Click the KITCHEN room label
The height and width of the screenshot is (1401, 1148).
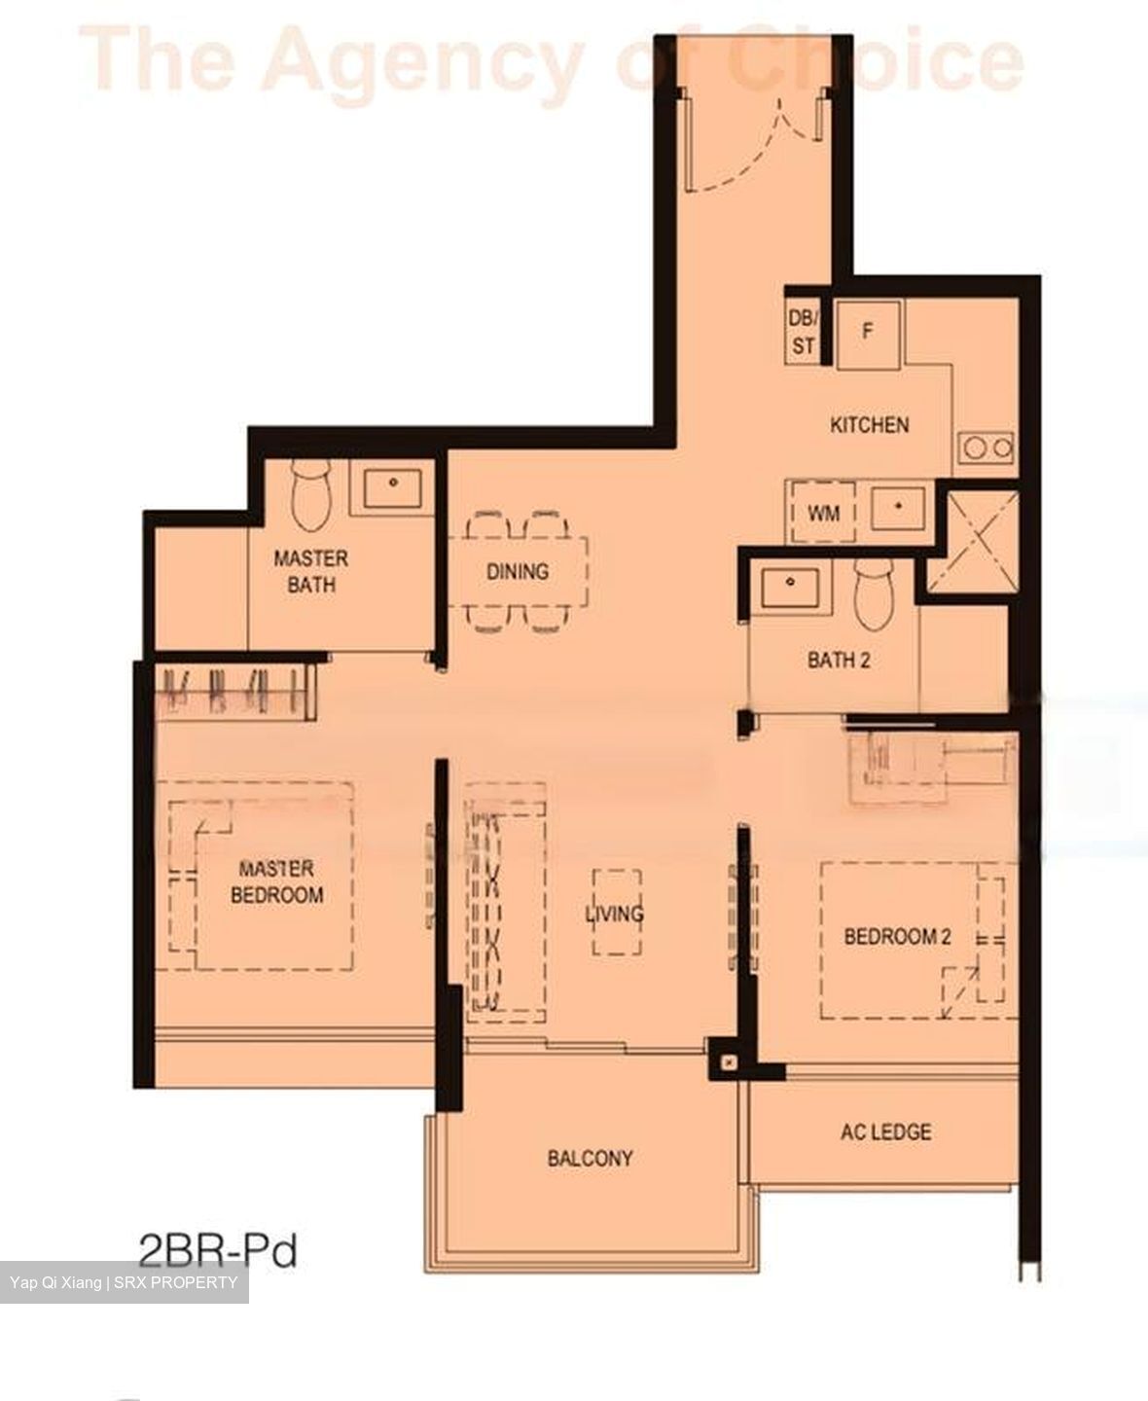[x=869, y=425]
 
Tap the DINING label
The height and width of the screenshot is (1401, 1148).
[x=517, y=571]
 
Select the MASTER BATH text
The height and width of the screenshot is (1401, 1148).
[x=310, y=571]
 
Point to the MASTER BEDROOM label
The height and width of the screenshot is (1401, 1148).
[x=276, y=881]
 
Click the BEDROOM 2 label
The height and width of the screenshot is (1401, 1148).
[x=897, y=937]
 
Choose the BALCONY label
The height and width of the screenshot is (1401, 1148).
[x=590, y=1158]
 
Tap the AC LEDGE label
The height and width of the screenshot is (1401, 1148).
[x=885, y=1132]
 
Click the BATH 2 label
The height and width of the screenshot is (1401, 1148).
[x=839, y=661]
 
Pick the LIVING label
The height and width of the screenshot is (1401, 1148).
[x=614, y=914]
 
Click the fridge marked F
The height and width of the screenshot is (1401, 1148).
[x=869, y=332]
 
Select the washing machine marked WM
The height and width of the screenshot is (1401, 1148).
[x=823, y=512]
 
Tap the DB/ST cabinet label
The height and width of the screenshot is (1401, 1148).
[x=804, y=332]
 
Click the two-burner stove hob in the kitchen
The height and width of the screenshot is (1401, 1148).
[x=986, y=449]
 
